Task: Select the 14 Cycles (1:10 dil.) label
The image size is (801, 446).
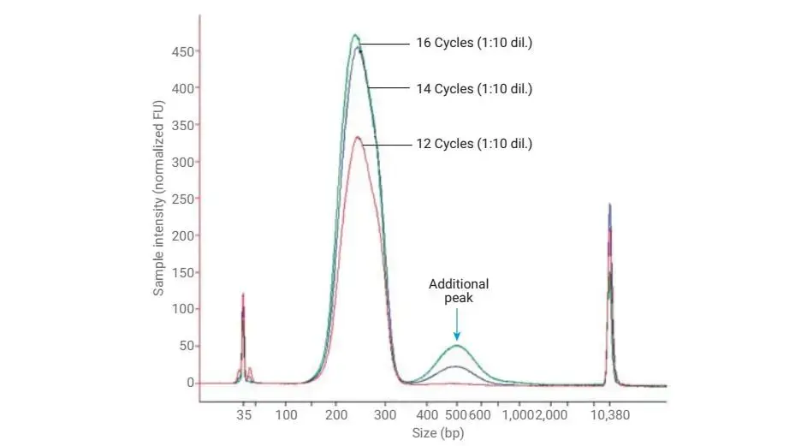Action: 474,88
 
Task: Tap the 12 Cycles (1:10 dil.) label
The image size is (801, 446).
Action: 474,144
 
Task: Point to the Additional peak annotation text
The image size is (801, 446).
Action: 459,291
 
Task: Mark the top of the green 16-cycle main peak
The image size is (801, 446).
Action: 355,35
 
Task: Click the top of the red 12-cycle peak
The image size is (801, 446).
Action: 358,137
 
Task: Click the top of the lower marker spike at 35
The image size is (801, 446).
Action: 243,294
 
